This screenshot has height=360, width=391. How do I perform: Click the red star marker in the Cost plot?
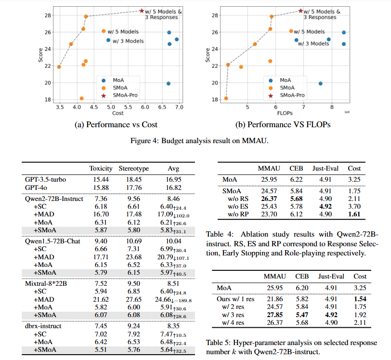point(142,11)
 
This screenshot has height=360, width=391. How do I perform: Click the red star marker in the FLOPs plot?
point(301,11)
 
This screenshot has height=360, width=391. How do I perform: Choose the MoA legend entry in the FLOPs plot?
point(285,80)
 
